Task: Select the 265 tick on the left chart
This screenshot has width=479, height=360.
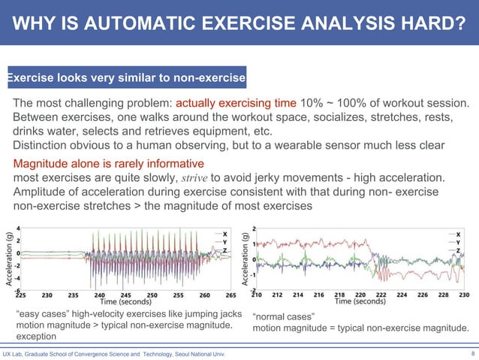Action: click(230, 295)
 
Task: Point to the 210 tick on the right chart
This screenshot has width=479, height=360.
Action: click(257, 295)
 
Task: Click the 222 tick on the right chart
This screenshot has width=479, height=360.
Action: click(381, 295)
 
